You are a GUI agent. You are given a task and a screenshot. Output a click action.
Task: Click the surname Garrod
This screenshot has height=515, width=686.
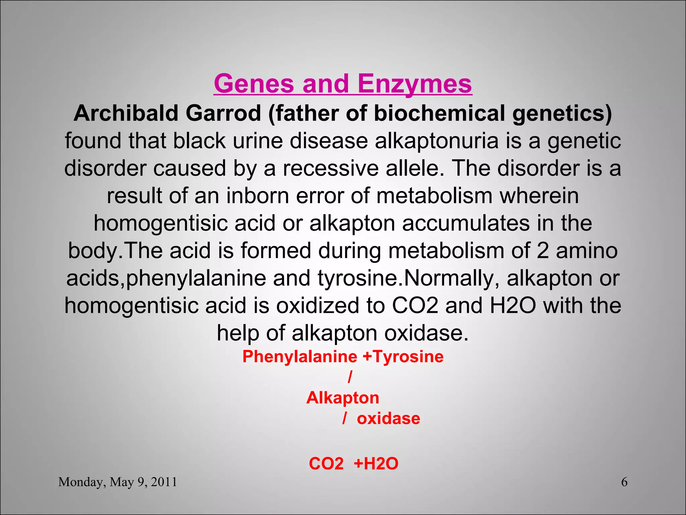223,113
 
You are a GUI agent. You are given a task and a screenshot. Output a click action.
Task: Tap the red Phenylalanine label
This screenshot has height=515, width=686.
300,356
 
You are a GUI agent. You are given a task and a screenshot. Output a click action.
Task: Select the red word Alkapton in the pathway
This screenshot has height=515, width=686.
343,398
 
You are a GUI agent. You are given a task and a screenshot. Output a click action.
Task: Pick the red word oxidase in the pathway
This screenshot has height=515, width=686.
388,419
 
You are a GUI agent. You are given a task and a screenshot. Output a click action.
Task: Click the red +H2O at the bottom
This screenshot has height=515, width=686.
376,464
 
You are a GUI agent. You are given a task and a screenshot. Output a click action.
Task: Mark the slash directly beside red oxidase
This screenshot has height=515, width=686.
344,419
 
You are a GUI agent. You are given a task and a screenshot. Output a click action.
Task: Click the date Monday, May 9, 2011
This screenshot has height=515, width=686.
118,482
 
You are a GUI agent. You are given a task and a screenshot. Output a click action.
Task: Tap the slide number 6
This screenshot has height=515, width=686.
624,482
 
